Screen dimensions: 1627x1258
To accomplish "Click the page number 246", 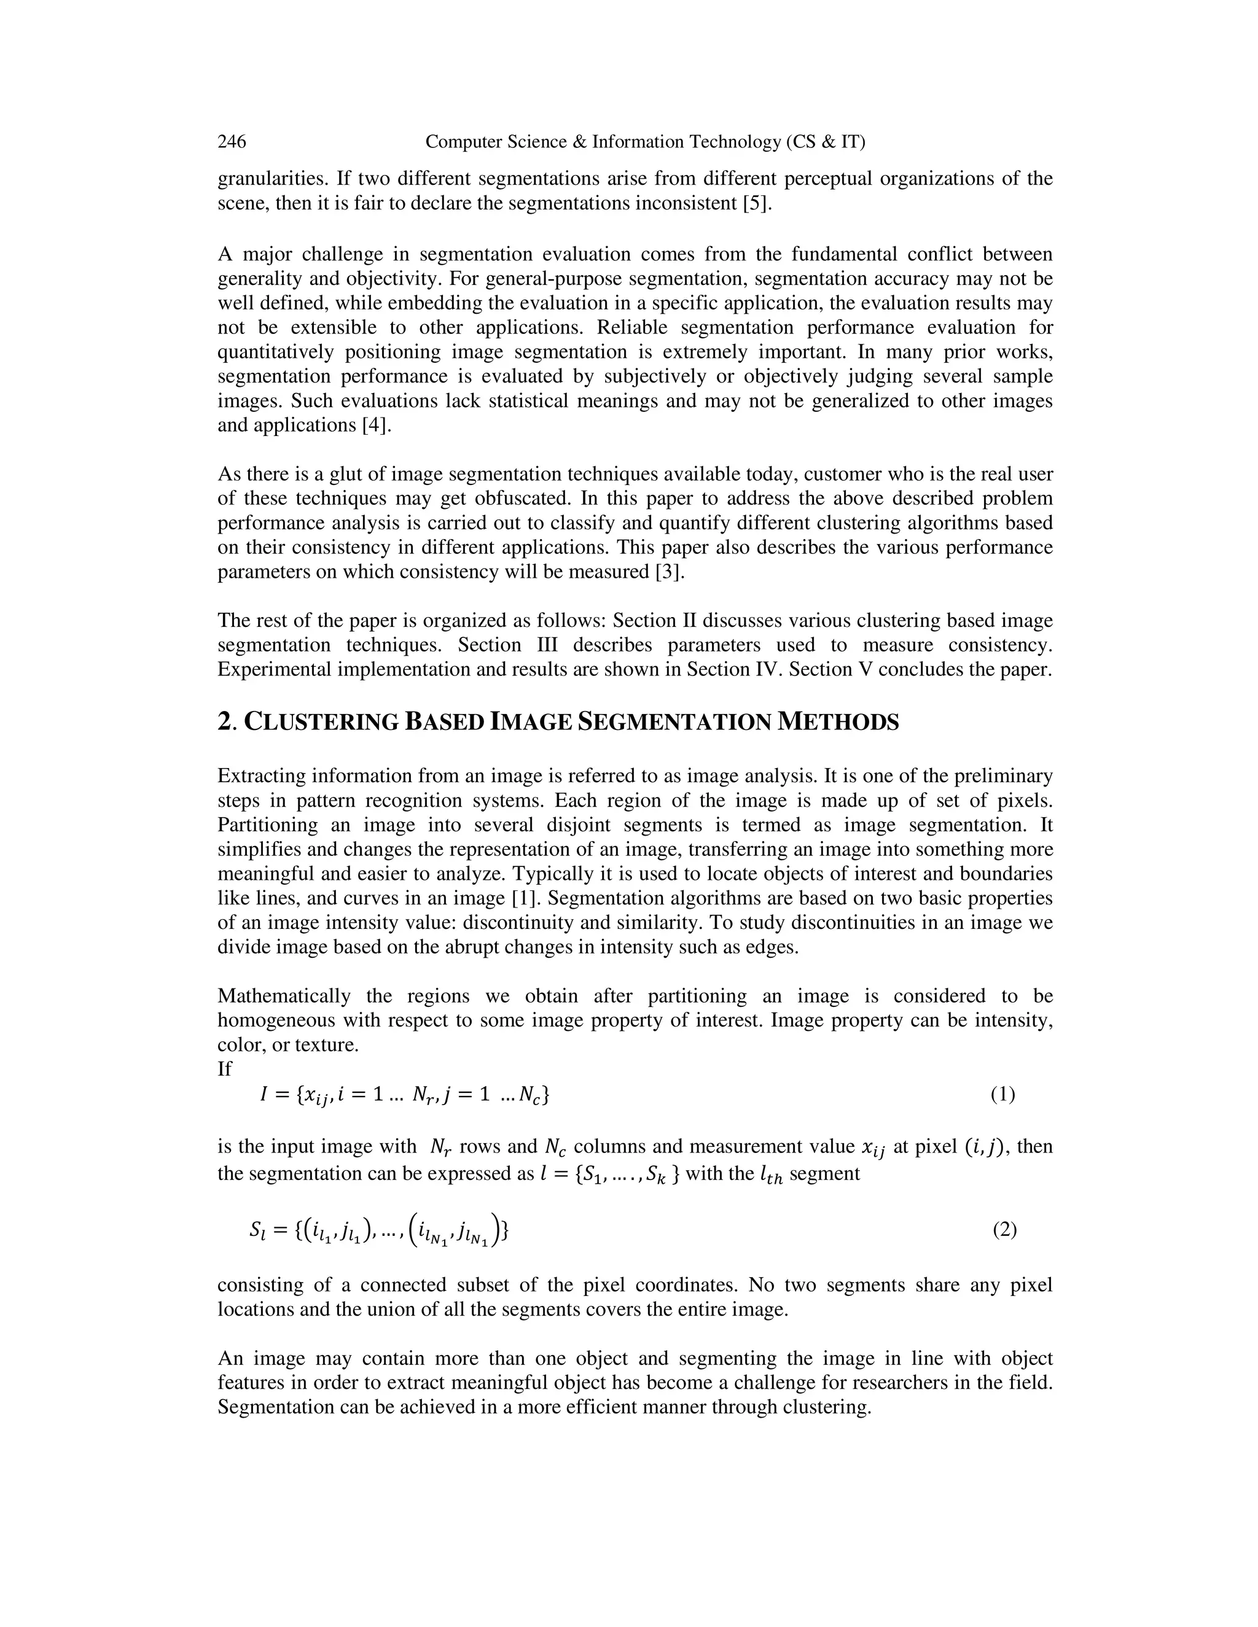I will coord(232,142).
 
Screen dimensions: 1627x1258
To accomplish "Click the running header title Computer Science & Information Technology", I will coord(644,142).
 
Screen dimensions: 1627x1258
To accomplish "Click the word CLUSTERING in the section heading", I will coord(322,722).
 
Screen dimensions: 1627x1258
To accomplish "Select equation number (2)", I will coord(1004,1230).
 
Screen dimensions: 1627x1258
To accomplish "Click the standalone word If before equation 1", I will coord(224,1069).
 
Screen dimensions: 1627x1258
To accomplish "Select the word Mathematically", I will coord(284,996).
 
